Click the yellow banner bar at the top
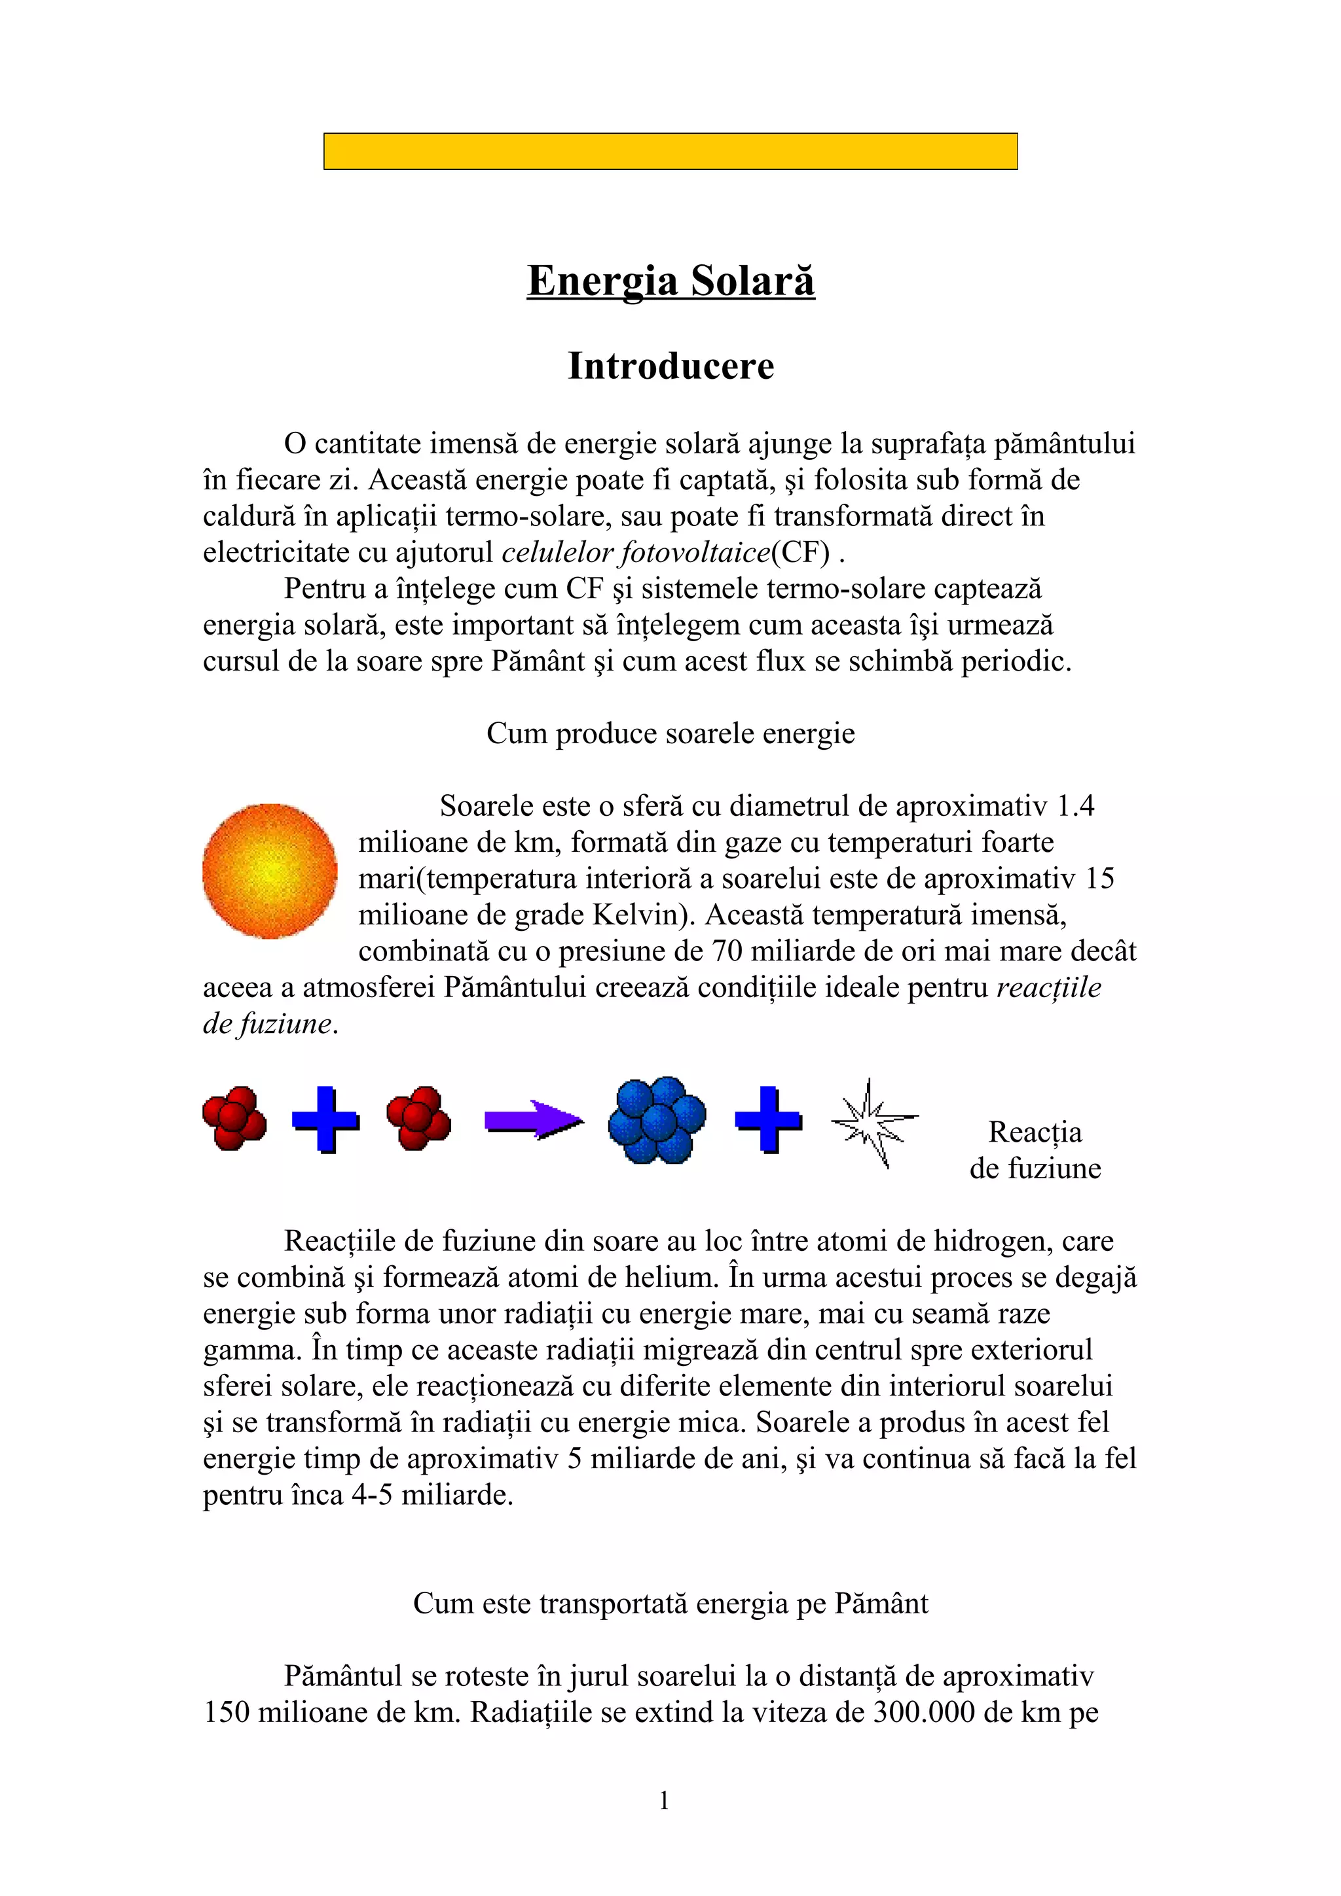[670, 151]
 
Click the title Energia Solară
[670, 281]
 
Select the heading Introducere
[670, 366]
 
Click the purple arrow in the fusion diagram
[533, 1121]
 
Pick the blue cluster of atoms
[657, 1120]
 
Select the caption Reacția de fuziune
[1035, 1150]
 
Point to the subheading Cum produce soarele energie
[670, 733]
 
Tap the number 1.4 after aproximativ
[1076, 806]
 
